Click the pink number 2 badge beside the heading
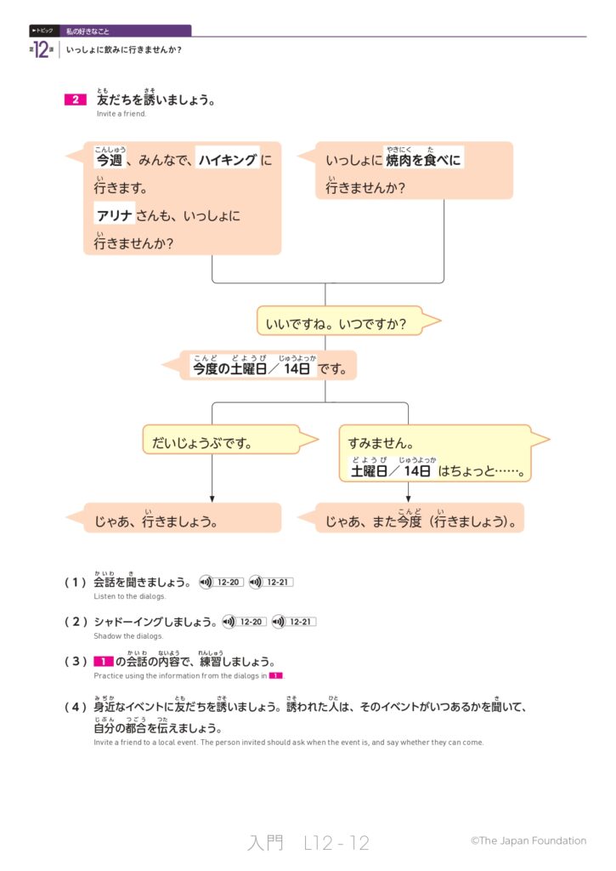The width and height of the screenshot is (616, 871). pos(75,100)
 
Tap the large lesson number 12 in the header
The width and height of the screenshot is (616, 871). pos(43,49)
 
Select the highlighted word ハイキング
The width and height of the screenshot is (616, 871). pos(227,159)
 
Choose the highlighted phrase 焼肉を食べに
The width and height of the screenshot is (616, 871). pos(424,159)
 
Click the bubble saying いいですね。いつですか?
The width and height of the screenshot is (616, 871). pos(340,323)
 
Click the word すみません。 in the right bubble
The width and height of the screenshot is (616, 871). pos(381,443)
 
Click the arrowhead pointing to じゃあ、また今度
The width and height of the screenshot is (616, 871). pos(408,498)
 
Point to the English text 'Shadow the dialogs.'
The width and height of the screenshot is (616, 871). pos(128,636)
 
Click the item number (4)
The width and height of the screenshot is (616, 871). pos(76,706)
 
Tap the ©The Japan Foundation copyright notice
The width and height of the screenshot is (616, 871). pos(528,840)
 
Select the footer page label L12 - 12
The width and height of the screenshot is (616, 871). pos(336,843)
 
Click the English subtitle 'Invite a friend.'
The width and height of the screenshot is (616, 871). pos(122,114)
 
